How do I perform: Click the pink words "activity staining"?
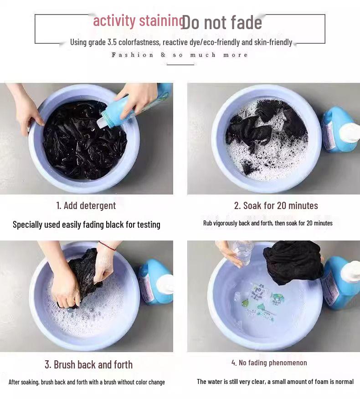(x=139, y=21)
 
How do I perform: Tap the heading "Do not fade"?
(x=221, y=23)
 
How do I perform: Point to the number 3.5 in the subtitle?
(x=112, y=42)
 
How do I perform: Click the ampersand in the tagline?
(x=163, y=55)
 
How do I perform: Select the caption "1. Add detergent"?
(x=86, y=205)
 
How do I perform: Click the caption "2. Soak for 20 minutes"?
(x=276, y=205)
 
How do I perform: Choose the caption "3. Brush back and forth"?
(x=88, y=365)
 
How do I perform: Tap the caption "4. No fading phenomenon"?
(x=269, y=363)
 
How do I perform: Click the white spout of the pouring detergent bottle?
(x=102, y=120)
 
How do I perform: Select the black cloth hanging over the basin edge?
(x=293, y=262)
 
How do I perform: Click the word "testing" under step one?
(x=149, y=225)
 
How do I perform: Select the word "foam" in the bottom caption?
(x=322, y=381)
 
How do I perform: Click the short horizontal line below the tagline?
(x=180, y=65)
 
